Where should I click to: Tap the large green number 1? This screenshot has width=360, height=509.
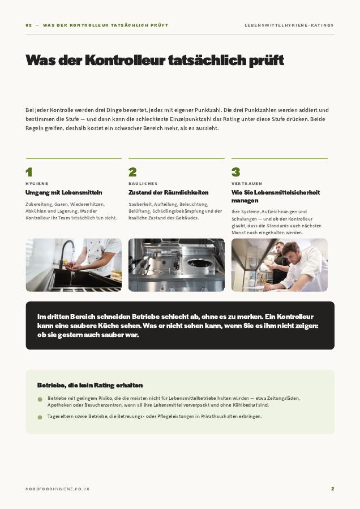29,172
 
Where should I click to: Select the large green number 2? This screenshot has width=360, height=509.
132,172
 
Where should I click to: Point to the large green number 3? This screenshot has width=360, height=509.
235,172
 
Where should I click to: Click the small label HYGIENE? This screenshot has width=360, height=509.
37,184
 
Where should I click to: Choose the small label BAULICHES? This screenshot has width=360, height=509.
143,184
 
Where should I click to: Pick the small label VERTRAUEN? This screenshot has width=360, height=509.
247,184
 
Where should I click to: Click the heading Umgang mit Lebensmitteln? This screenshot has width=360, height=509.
64,192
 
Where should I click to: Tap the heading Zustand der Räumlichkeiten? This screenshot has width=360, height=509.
168,192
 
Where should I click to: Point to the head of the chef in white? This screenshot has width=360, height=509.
290,251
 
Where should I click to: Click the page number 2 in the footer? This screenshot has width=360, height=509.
332,489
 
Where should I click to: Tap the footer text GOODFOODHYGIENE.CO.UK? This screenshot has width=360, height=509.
58,489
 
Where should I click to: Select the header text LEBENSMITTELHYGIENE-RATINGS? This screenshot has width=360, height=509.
289,25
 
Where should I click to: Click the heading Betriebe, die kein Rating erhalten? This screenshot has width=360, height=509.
90,385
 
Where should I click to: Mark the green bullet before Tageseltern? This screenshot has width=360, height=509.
40,417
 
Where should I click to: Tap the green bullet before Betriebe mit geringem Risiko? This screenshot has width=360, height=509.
40,399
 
